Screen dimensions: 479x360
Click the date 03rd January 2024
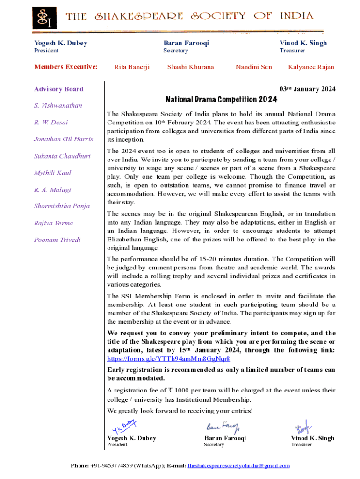307,89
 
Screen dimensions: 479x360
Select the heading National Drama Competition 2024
221,100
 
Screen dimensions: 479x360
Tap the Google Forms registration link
168,359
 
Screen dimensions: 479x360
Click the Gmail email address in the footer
238,466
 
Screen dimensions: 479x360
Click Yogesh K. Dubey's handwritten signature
124,427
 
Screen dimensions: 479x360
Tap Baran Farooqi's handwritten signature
223,427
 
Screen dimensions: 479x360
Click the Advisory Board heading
58,89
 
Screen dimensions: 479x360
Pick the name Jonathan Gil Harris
63,139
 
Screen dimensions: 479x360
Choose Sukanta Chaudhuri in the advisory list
62,156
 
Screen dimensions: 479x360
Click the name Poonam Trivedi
57,239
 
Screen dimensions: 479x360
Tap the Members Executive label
65,67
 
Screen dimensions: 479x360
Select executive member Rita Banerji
132,67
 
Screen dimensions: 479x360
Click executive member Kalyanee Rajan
311,67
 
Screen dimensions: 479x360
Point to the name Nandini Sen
253,67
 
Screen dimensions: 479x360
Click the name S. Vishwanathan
58,106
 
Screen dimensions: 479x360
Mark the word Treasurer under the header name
292,51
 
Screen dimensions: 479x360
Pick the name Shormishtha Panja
62,206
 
